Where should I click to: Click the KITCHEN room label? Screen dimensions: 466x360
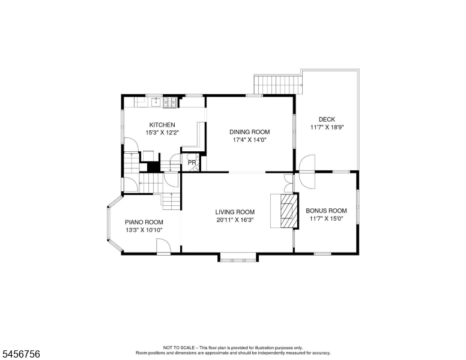coord(162,125)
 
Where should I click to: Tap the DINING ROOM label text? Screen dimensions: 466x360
coord(250,132)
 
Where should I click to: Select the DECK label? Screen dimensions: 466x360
coord(327,119)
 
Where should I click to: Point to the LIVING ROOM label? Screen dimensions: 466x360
coord(235,212)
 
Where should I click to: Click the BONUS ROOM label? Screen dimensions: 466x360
coord(326,211)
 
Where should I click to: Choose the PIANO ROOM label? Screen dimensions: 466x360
coord(144,222)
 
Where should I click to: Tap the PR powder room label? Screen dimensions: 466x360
coord(192,163)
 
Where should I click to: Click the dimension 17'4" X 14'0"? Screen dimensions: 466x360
coord(249,140)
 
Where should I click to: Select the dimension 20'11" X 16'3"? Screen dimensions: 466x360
coord(235,220)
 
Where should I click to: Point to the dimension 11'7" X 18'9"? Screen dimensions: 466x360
coord(327,127)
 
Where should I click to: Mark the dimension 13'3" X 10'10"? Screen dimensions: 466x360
coord(144,230)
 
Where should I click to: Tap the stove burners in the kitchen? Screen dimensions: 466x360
coord(170,102)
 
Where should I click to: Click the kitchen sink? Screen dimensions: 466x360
coord(156,102)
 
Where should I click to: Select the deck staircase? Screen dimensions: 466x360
coord(278,85)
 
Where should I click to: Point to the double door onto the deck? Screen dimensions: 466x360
coord(307,172)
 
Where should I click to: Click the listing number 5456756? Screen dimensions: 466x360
coord(21,354)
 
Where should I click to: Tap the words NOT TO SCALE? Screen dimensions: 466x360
coord(178,347)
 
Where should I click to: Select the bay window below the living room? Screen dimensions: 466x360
coord(238,257)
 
